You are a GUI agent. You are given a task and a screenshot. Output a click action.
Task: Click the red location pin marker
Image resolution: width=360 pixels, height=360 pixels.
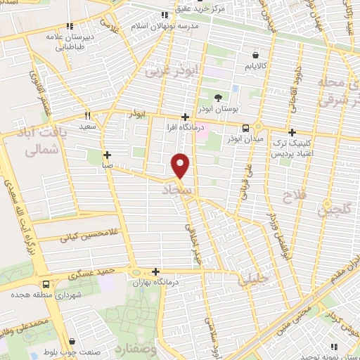click(x=181, y=166)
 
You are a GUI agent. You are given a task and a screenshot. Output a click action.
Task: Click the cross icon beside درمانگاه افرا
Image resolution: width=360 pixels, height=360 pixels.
click(x=185, y=117)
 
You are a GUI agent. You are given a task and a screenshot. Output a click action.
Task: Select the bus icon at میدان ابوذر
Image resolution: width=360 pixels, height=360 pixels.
click(x=245, y=128)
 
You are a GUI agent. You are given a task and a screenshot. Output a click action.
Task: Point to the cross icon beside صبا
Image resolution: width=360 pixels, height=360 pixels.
click(x=107, y=155)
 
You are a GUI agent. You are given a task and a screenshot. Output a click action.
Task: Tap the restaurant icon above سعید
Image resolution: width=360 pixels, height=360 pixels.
click(x=88, y=116)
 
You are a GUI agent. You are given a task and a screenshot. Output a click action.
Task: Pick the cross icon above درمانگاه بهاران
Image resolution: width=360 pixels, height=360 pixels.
click(x=155, y=271)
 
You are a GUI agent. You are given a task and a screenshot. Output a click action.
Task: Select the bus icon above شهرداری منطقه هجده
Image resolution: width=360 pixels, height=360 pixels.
click(x=46, y=285)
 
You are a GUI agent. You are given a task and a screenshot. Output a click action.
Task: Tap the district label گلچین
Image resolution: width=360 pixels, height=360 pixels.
click(x=332, y=207)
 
